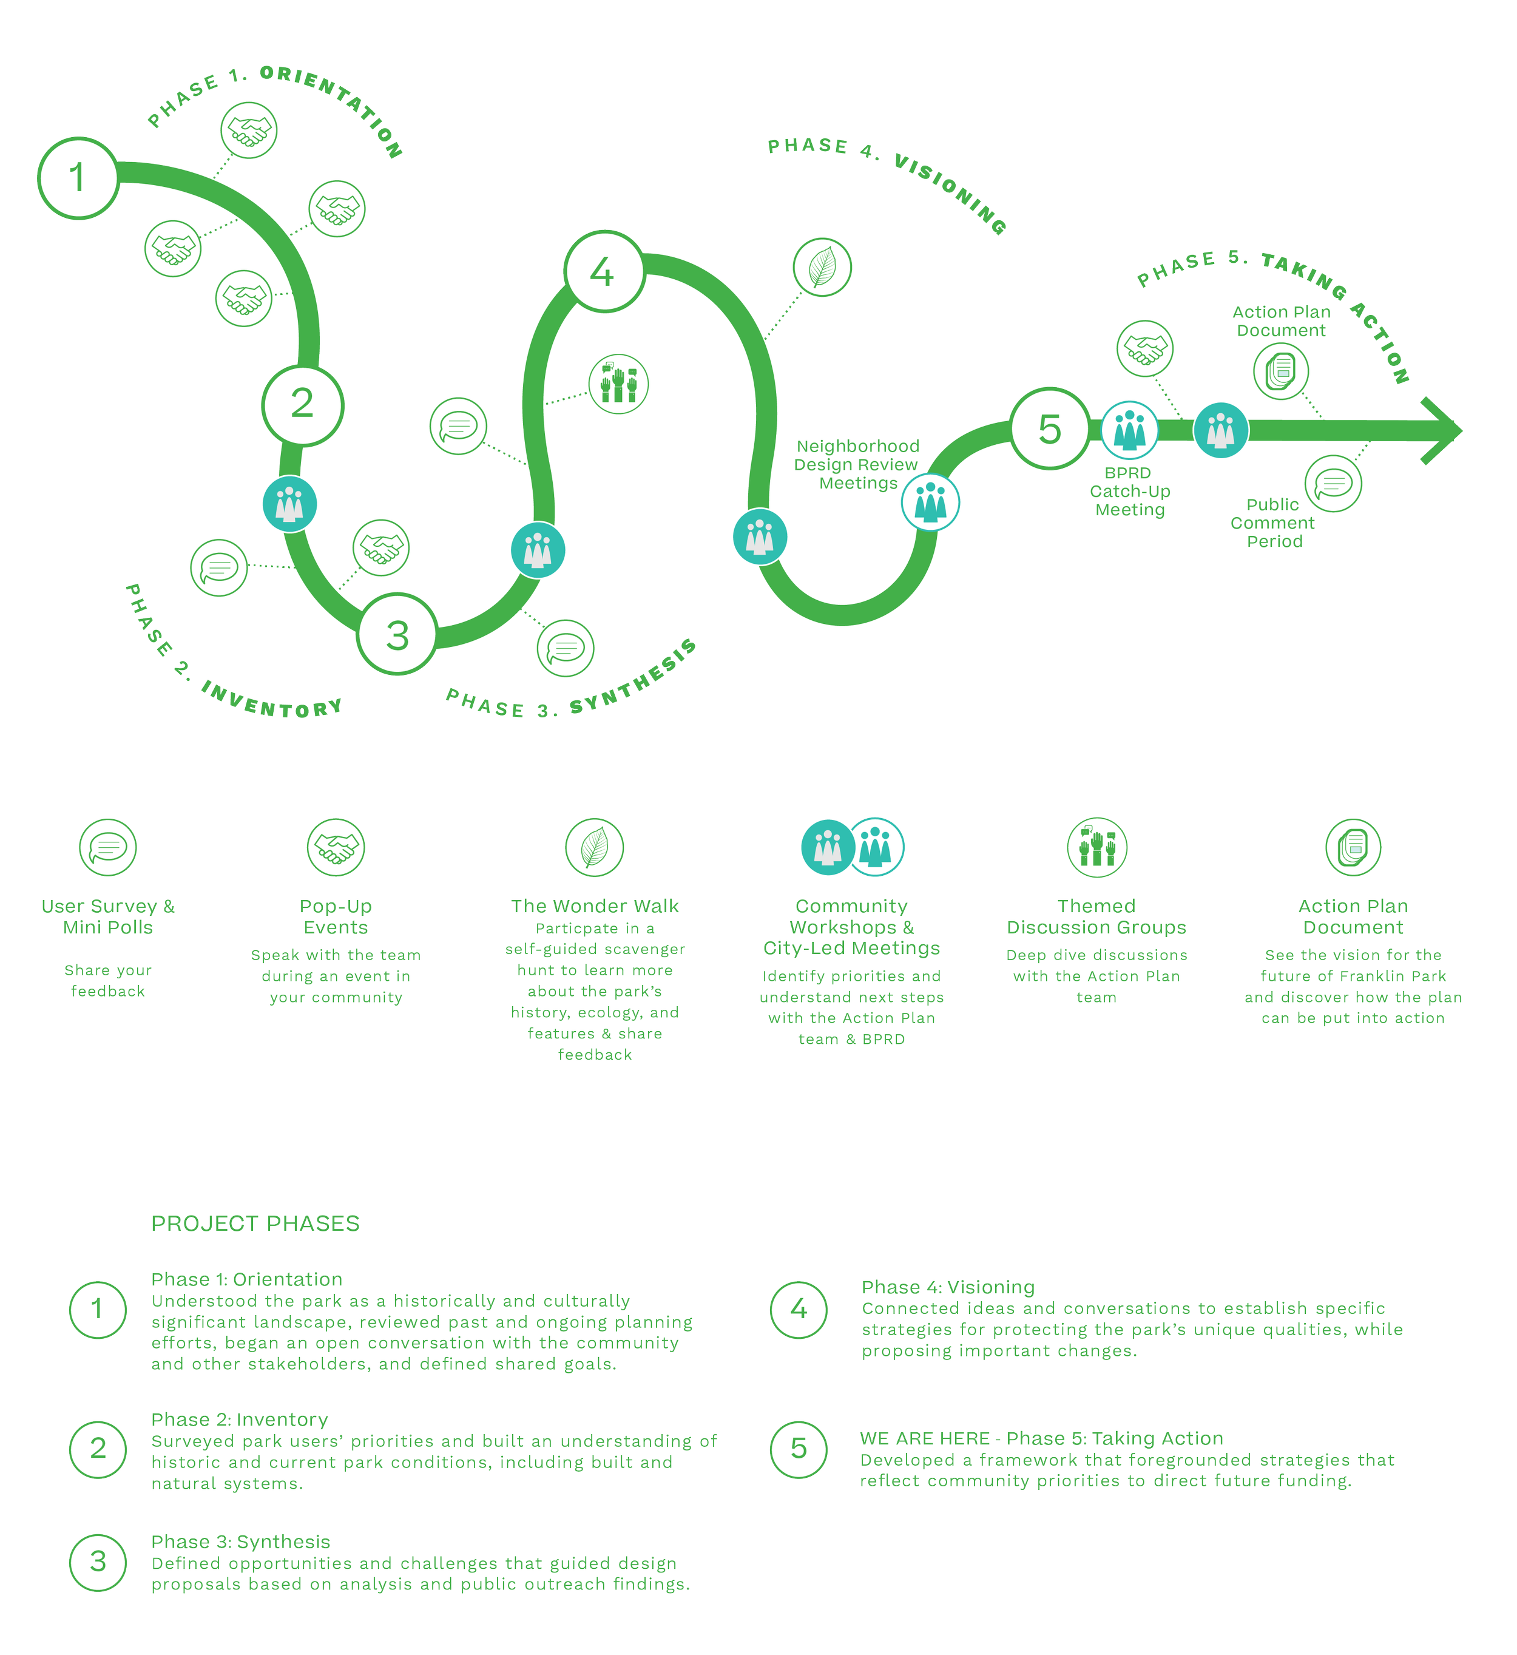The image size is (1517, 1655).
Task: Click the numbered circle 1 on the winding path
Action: [x=78, y=178]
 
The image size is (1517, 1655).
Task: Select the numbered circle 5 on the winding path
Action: [x=1050, y=428]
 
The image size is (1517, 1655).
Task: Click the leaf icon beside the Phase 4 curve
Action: [x=822, y=268]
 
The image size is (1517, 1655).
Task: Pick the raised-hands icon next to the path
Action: [x=618, y=384]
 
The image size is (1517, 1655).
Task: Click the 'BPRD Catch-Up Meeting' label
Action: [x=1129, y=491]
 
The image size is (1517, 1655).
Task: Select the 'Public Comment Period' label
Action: [x=1272, y=523]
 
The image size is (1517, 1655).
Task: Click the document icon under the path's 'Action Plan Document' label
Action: [x=1280, y=371]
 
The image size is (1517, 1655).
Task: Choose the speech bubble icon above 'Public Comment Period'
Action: [x=1333, y=484]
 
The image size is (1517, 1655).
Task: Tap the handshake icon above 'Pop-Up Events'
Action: [x=336, y=847]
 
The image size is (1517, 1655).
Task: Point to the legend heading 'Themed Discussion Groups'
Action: [x=1096, y=917]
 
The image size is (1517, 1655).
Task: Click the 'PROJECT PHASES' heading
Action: [x=255, y=1224]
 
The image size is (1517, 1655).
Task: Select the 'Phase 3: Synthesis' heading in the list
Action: [x=240, y=1542]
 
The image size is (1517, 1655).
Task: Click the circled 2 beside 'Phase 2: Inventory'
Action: [x=98, y=1449]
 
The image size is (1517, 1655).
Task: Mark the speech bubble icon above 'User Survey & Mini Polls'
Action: [x=107, y=847]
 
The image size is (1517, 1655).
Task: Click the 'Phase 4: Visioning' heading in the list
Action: [x=947, y=1287]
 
